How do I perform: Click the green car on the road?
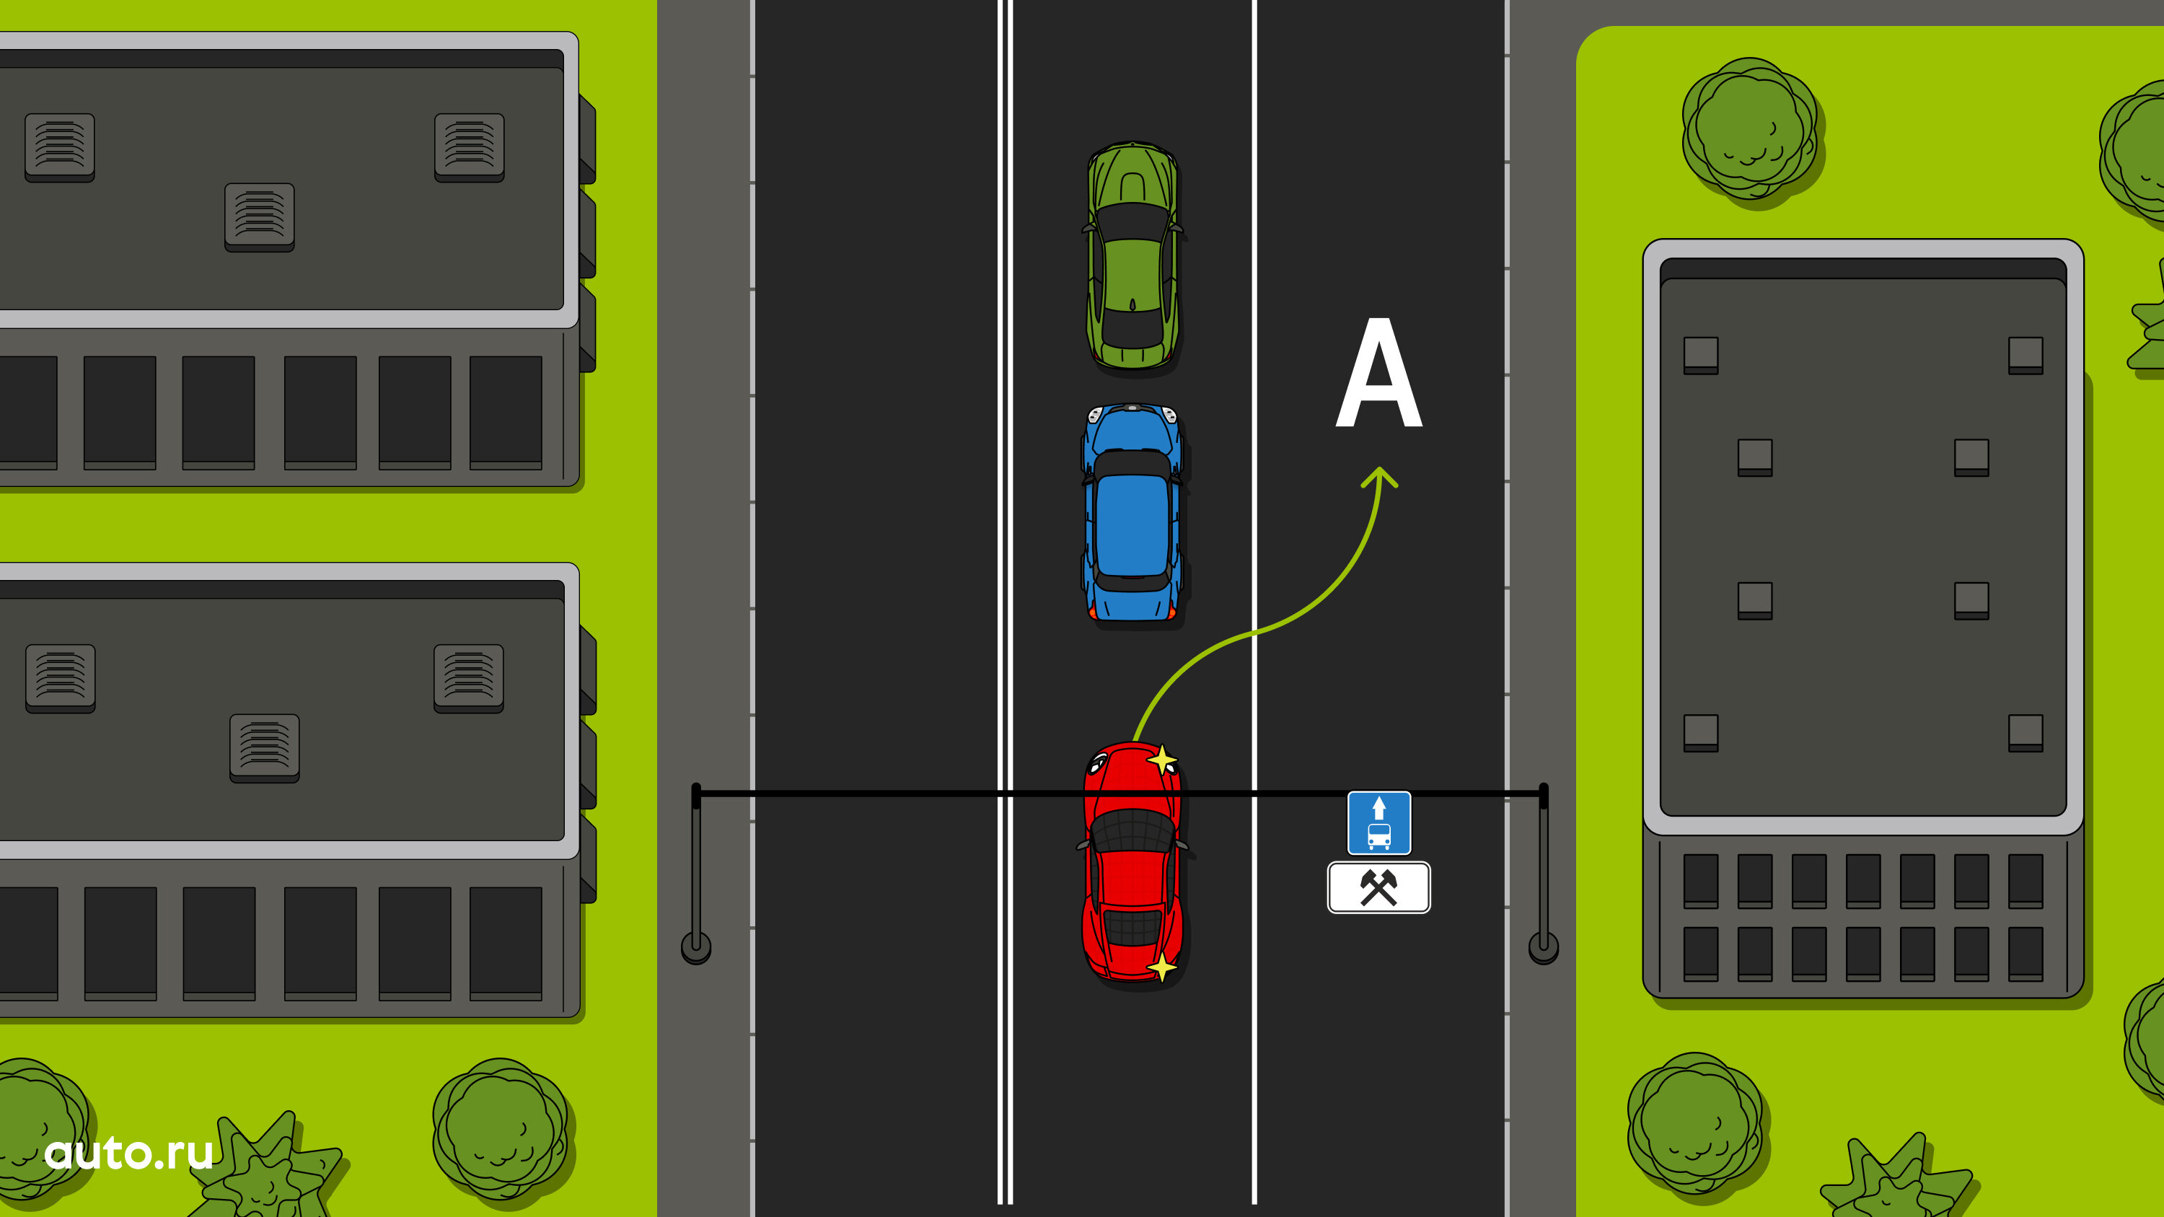pyautogui.click(x=1132, y=255)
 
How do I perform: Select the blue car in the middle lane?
pyautogui.click(x=1132, y=514)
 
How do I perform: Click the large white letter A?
pyautogui.click(x=1378, y=373)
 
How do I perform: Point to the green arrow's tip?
pyautogui.click(x=1379, y=467)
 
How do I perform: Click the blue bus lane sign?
pyautogui.click(x=1378, y=823)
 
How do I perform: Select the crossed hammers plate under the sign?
pyautogui.click(x=1378, y=887)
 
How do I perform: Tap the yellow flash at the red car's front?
pyautogui.click(x=1162, y=760)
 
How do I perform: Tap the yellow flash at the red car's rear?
pyautogui.click(x=1162, y=967)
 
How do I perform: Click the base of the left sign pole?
pyautogui.click(x=695, y=948)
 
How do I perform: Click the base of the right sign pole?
pyautogui.click(x=1543, y=947)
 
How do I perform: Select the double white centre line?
pyautogui.click(x=1005, y=602)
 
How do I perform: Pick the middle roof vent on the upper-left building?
pyautogui.click(x=260, y=216)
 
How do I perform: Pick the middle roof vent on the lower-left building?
pyautogui.click(x=265, y=747)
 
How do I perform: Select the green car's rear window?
pyautogui.click(x=1132, y=328)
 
